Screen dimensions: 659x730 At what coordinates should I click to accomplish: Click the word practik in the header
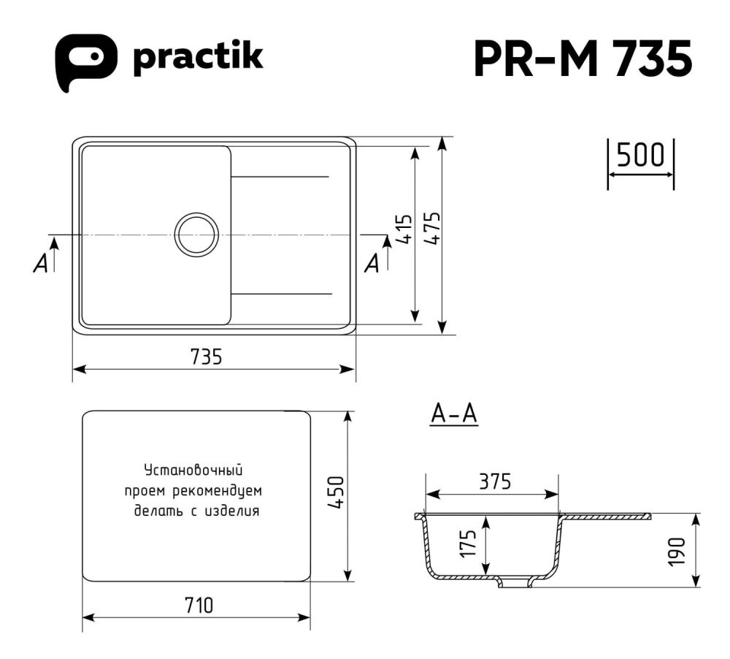197,58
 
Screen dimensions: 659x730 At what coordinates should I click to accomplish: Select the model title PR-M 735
582,58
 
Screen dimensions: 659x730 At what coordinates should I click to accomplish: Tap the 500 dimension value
640,156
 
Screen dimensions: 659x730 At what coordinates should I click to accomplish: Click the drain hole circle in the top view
196,235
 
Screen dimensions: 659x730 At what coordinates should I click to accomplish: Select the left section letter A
41,264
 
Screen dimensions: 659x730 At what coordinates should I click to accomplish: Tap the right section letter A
372,264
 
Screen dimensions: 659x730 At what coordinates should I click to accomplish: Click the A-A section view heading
453,414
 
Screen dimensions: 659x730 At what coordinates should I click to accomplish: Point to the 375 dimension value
494,481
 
